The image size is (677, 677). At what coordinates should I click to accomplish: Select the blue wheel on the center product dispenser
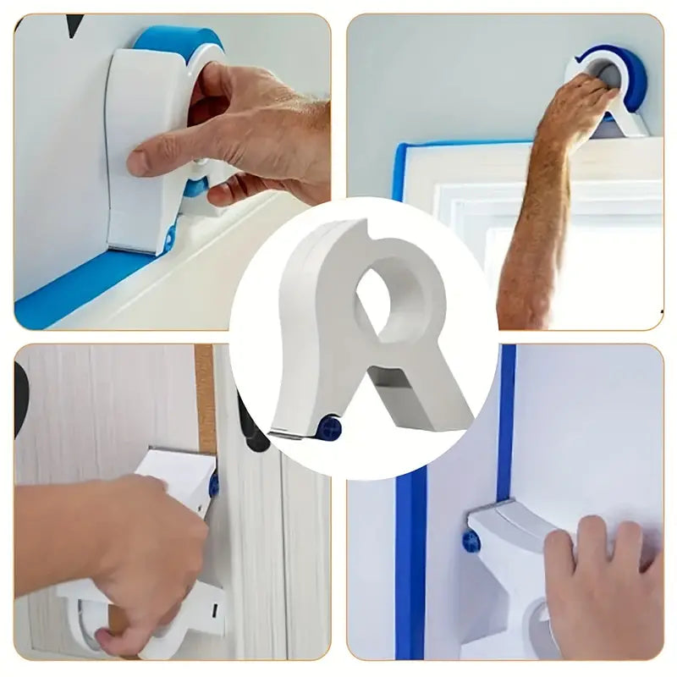[x=329, y=427]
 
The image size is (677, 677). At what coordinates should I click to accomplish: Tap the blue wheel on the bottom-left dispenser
[x=214, y=484]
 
